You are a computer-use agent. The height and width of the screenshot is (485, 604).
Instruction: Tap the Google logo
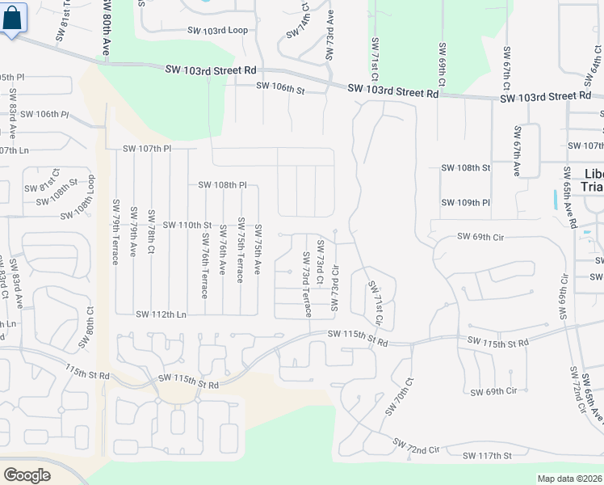pyautogui.click(x=27, y=474)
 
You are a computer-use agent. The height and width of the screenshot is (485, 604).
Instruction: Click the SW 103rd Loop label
pyautogui.click(x=216, y=31)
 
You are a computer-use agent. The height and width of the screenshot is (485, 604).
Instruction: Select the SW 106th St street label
pyautogui.click(x=280, y=86)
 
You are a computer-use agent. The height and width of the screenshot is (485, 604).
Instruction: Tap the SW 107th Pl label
pyautogui.click(x=147, y=149)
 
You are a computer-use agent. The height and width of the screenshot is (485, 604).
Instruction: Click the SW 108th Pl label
pyautogui.click(x=222, y=185)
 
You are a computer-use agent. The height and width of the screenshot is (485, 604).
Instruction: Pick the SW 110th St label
pyautogui.click(x=187, y=225)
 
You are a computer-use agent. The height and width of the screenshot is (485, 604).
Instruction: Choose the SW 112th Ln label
pyautogui.click(x=161, y=314)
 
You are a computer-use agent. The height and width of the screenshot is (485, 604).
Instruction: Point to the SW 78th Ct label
pyautogui.click(x=151, y=233)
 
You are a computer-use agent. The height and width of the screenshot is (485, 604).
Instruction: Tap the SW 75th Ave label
pyautogui.click(x=258, y=248)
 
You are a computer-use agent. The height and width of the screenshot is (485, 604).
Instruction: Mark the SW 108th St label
pyautogui.click(x=465, y=168)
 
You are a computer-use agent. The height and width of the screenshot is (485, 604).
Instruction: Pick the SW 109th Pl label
pyautogui.click(x=465, y=202)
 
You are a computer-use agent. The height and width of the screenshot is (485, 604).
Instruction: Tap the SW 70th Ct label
pyautogui.click(x=399, y=396)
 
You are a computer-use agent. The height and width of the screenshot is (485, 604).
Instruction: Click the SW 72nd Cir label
pyautogui.click(x=417, y=445)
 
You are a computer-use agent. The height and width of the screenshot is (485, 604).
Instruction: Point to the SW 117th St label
pyautogui.click(x=487, y=456)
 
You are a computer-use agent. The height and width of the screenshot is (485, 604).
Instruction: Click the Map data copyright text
pyautogui.click(x=569, y=479)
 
